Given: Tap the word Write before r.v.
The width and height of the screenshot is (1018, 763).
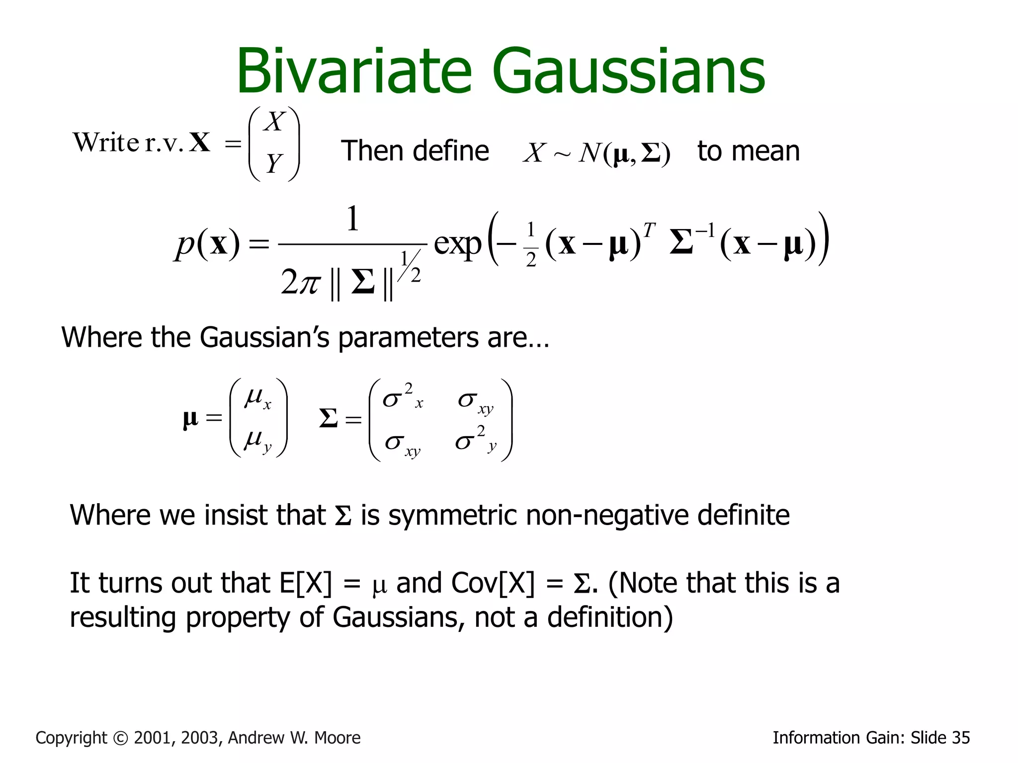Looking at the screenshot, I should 106,143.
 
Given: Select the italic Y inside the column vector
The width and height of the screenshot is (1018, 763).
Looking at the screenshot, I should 274,163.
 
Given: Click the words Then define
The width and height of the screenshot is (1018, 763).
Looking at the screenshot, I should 415,151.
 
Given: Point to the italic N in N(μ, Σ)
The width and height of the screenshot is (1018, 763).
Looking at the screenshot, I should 590,153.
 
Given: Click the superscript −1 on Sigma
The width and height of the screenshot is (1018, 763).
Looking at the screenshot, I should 705,230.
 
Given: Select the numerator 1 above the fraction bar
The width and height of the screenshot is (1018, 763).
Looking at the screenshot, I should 352,219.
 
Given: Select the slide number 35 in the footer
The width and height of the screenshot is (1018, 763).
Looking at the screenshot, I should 961,738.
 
